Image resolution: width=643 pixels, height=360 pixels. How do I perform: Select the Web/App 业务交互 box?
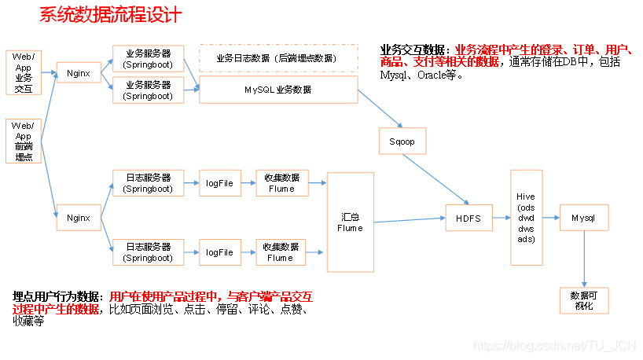(x=23, y=73)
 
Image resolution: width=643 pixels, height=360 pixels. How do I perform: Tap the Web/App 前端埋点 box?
(x=23, y=141)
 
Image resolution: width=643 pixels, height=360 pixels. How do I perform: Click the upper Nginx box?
(x=79, y=74)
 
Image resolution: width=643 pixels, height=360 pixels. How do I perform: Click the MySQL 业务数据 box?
(x=277, y=90)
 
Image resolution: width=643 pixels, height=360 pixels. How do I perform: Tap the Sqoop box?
(x=402, y=141)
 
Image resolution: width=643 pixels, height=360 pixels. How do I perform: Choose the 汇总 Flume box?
(x=350, y=222)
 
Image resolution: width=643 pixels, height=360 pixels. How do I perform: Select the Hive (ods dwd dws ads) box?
(x=526, y=217)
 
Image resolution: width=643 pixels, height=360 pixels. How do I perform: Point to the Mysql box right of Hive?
(x=583, y=217)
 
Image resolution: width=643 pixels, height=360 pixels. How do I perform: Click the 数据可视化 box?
(x=583, y=299)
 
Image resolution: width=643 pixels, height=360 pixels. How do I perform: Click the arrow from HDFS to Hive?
(x=501, y=218)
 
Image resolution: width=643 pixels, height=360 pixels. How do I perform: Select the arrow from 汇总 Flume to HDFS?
(x=409, y=221)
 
